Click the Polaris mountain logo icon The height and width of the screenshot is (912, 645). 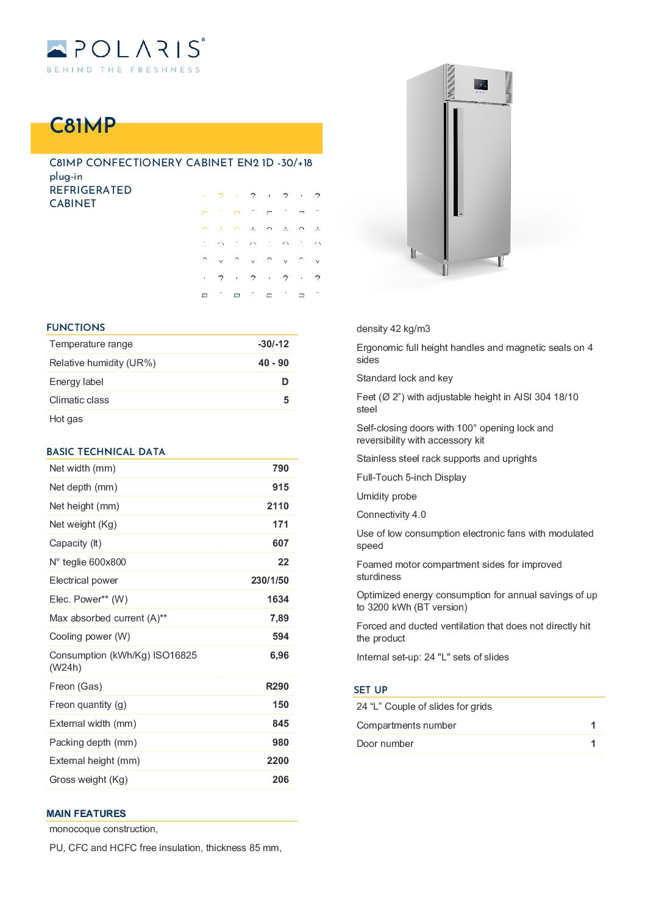[57, 48]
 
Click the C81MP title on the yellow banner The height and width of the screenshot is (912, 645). [82, 125]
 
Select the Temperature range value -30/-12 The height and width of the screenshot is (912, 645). [273, 344]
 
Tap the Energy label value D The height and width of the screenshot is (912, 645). [285, 382]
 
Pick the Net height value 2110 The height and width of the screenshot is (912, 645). [277, 506]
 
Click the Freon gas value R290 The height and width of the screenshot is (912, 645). [277, 687]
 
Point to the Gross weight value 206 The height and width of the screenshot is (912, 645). [280, 780]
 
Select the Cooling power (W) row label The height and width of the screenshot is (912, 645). [90, 637]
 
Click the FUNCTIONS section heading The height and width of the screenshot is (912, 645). [76, 328]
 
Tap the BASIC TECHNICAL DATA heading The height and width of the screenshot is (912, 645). [105, 452]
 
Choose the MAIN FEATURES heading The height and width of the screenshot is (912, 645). [86, 814]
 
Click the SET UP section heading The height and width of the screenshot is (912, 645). [371, 690]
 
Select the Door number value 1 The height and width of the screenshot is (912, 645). [593, 744]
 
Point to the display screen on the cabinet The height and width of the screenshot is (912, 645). [480, 85]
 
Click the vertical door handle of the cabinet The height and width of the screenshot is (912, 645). [457, 162]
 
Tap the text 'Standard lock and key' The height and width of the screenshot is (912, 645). [404, 378]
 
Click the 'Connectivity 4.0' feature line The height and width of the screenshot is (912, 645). [391, 515]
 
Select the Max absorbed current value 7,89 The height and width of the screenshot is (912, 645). [279, 618]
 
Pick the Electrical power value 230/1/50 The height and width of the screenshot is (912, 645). [269, 581]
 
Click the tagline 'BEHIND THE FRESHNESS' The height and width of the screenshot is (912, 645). [123, 70]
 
